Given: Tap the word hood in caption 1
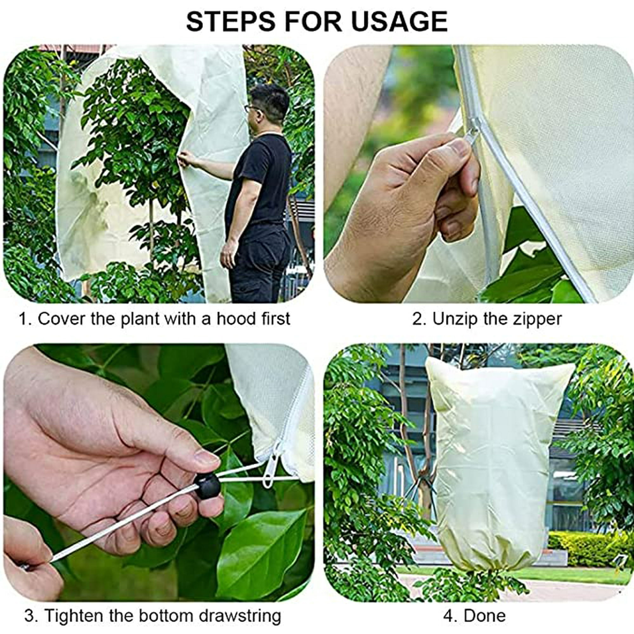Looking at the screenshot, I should click(236, 318).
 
